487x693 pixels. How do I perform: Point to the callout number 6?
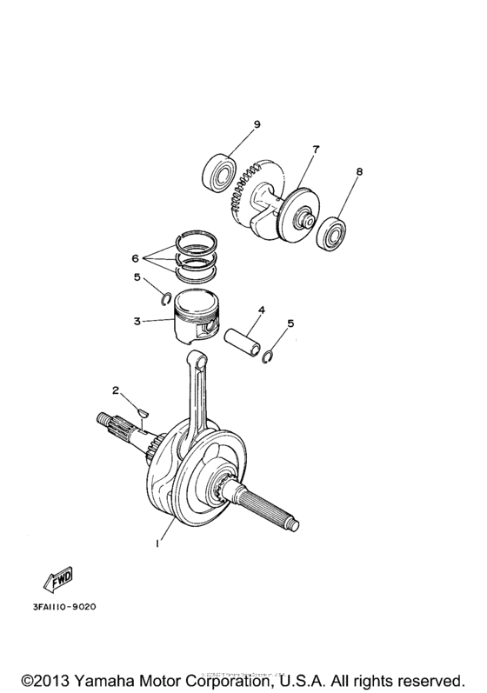tap(135, 259)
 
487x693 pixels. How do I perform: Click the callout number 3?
tap(137, 322)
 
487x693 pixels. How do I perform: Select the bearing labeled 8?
tap(331, 234)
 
